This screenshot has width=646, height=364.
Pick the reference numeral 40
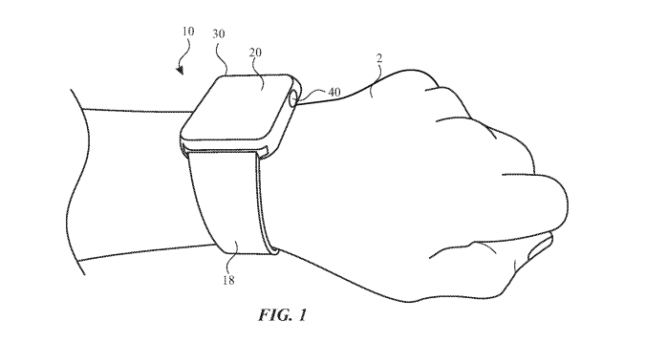[334, 93]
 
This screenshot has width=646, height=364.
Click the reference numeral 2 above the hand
[379, 59]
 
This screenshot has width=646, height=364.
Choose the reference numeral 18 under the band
[228, 280]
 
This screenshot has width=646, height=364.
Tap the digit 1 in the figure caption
[302, 315]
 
